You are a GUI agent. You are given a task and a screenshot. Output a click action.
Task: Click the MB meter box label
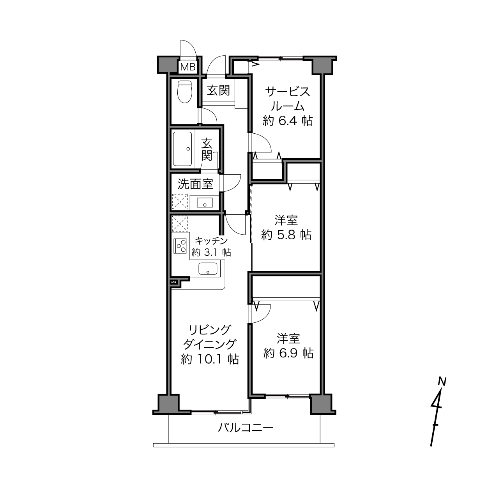tap(188, 67)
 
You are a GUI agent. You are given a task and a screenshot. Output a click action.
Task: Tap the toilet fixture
tap(185, 92)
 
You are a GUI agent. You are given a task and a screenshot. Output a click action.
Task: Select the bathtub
tap(182, 149)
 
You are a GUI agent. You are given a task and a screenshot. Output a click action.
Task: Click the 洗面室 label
tap(195, 184)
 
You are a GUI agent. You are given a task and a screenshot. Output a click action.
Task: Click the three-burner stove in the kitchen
tap(180, 246)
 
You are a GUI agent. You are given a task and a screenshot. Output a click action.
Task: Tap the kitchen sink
tap(208, 269)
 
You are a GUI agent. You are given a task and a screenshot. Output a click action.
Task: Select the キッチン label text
tap(212, 241)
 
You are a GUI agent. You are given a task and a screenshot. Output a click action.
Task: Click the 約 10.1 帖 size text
tap(210, 359)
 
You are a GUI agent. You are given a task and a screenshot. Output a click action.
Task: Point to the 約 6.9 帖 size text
tap(288, 353)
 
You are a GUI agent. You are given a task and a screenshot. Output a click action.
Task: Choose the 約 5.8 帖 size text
tap(286, 235)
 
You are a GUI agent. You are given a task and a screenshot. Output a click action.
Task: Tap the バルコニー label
tap(246, 428)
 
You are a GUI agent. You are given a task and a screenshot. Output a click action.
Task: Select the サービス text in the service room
tap(288, 92)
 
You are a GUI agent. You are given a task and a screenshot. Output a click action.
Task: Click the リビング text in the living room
tap(210, 329)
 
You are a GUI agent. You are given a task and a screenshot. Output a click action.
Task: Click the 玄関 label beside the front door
tap(218, 90)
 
